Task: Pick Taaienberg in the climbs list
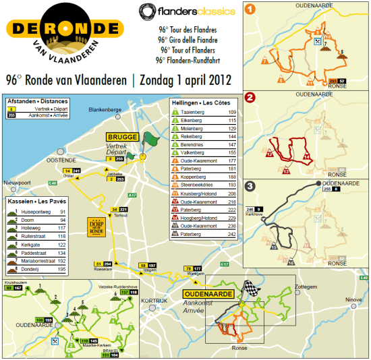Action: click(x=194, y=111)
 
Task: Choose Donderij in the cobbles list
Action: click(x=29, y=269)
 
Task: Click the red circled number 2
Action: click(x=250, y=97)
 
